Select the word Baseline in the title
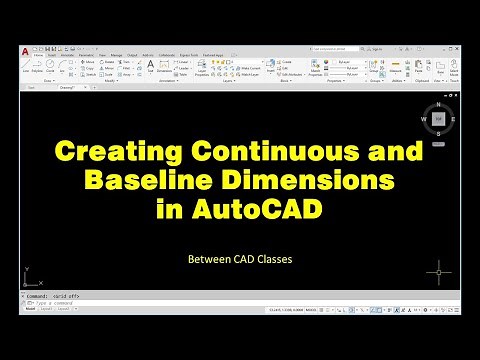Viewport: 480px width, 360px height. (147, 182)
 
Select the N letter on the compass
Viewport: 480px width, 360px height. (437, 105)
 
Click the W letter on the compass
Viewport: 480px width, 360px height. (424, 118)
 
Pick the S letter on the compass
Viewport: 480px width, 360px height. (437, 131)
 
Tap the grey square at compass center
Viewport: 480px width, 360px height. (437, 118)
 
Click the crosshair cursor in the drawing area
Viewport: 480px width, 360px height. (438, 271)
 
